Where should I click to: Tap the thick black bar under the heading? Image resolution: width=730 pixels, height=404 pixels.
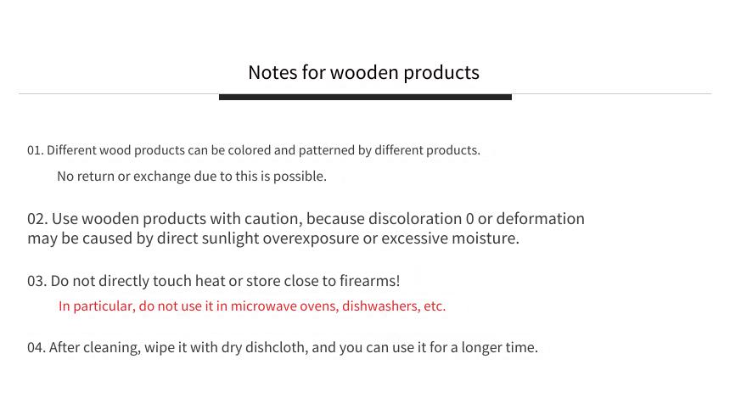(x=365, y=97)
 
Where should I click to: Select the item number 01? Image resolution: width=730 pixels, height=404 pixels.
(x=35, y=150)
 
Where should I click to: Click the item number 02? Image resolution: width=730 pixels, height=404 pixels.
(x=37, y=219)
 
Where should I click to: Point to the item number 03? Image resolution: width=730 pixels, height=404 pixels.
(x=36, y=281)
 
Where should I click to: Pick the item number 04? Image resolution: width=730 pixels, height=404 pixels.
(x=36, y=348)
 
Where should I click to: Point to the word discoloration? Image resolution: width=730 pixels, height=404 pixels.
(x=415, y=219)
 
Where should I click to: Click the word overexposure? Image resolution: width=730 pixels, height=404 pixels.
(x=311, y=238)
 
